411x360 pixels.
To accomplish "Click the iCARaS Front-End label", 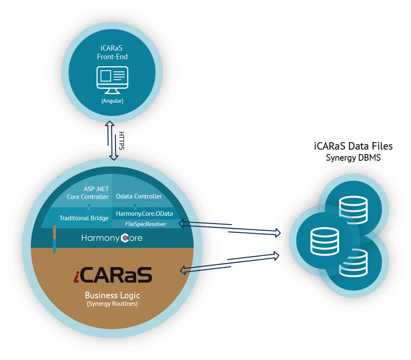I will (112, 52).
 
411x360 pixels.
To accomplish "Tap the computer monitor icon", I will (112, 78).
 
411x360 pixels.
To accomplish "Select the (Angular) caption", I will (112, 100).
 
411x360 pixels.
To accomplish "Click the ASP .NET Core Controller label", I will (88, 192).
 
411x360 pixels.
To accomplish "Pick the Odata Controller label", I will (139, 196).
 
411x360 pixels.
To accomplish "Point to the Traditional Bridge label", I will (84, 218).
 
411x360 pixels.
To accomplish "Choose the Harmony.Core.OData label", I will (144, 213).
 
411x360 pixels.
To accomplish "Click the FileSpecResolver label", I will (145, 224).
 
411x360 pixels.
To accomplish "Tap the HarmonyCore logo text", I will (112, 238).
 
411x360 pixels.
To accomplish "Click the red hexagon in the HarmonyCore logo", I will (126, 238).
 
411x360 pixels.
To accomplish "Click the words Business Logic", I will (112, 295).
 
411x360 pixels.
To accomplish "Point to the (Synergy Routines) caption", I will (112, 304).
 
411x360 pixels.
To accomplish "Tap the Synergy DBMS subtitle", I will (353, 157).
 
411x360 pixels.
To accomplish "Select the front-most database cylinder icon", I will (325, 240).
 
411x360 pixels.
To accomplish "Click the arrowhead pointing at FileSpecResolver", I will (181, 223).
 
